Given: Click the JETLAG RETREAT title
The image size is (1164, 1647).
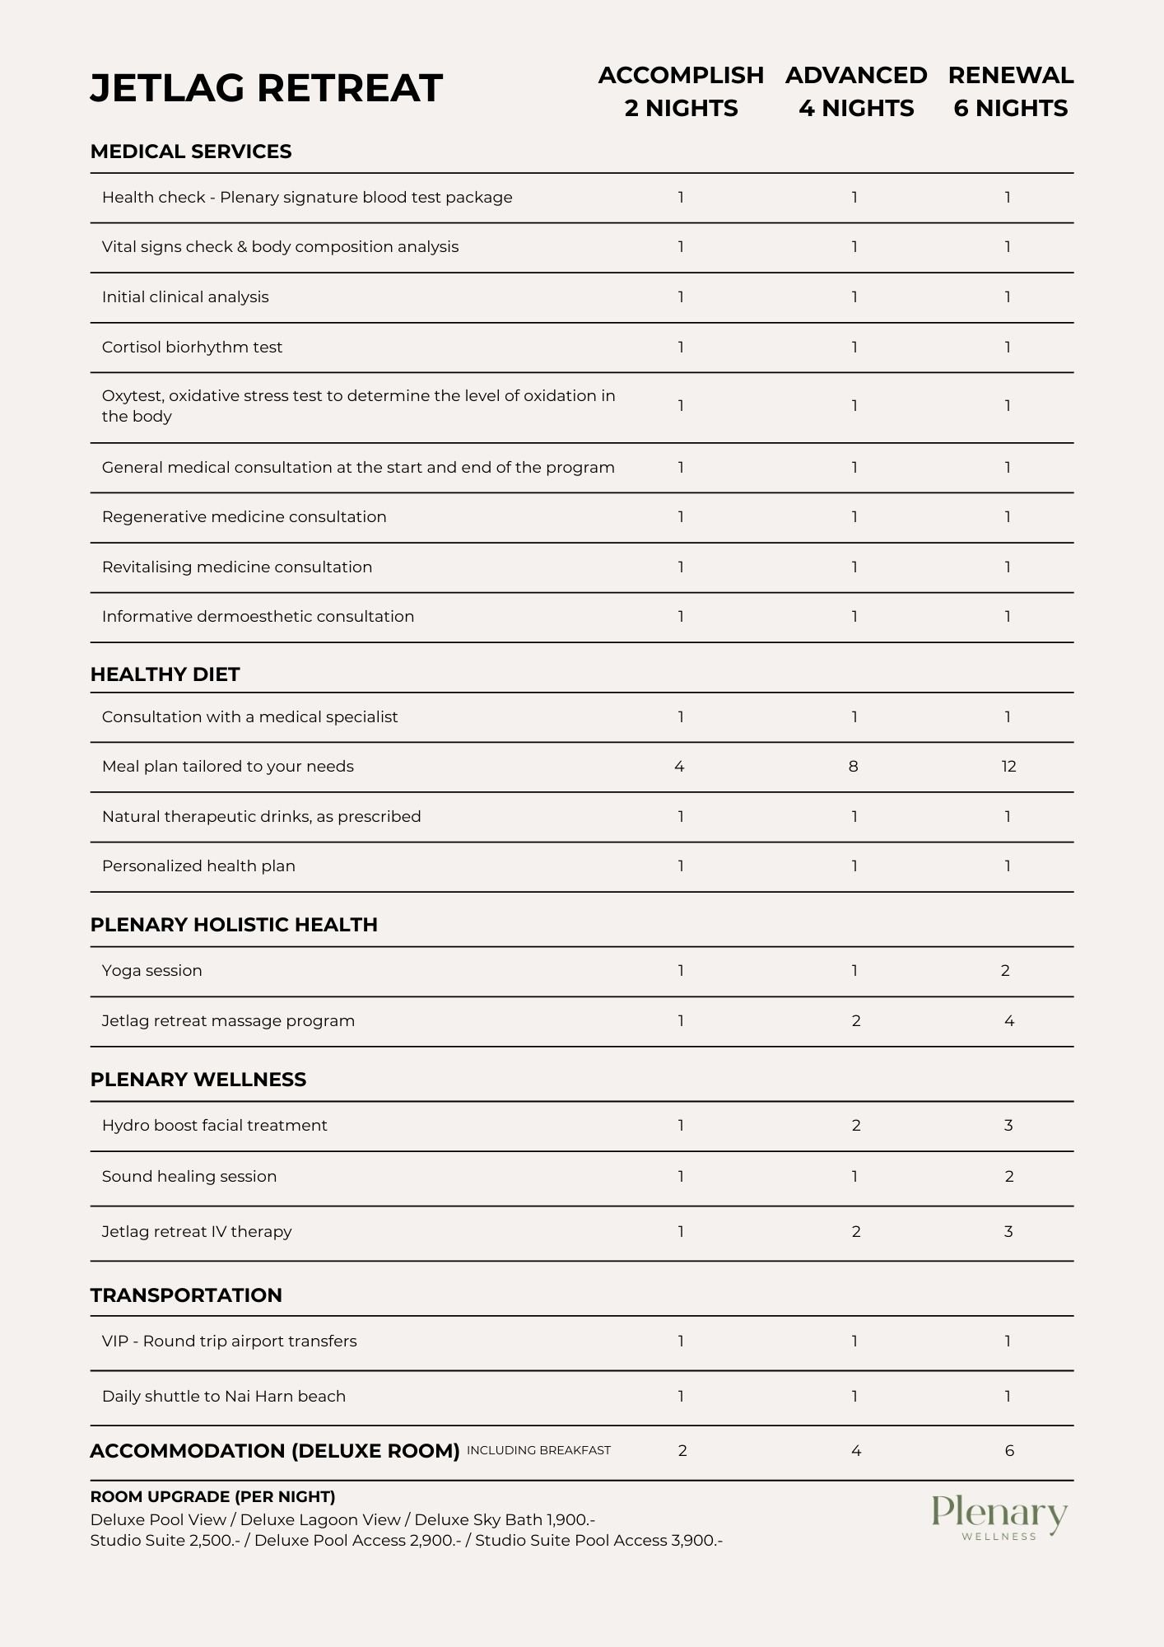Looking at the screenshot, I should pos(266,88).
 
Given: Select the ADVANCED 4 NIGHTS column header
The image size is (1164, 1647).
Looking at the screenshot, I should pos(856,91).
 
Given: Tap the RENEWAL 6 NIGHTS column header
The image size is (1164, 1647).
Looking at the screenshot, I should pos(1011,91).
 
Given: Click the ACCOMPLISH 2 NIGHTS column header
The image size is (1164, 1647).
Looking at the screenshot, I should pos(681,91).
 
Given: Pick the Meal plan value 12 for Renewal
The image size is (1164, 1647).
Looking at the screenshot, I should pos(1008,767).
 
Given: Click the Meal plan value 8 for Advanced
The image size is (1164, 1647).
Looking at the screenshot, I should pos(853,767).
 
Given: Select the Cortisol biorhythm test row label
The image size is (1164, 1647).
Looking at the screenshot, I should pos(192,348).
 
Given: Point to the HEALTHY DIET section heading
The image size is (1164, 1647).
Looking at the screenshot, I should pos(165,674).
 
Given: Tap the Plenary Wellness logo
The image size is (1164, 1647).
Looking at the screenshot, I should pos(999,1517).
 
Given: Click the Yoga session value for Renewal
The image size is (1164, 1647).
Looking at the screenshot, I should pos(1005,971).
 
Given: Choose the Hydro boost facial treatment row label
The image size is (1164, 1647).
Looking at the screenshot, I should pos(214,1126).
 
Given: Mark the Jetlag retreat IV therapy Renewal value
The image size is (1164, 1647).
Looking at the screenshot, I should pos(1008,1232).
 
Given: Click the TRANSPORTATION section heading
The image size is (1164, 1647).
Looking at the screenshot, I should pos(186,1295).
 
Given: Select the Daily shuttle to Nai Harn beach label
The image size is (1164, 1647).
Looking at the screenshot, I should pos(224,1397).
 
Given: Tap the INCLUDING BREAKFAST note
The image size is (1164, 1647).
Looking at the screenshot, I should pos(538,1450).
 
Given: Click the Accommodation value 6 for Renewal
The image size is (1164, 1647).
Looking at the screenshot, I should pos(1009,1451).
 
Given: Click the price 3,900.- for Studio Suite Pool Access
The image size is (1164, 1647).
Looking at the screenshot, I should pos(696,1541).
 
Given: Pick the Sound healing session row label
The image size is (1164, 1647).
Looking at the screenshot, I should pos(189,1177).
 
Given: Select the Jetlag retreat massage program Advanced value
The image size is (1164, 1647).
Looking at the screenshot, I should pos(856,1021).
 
